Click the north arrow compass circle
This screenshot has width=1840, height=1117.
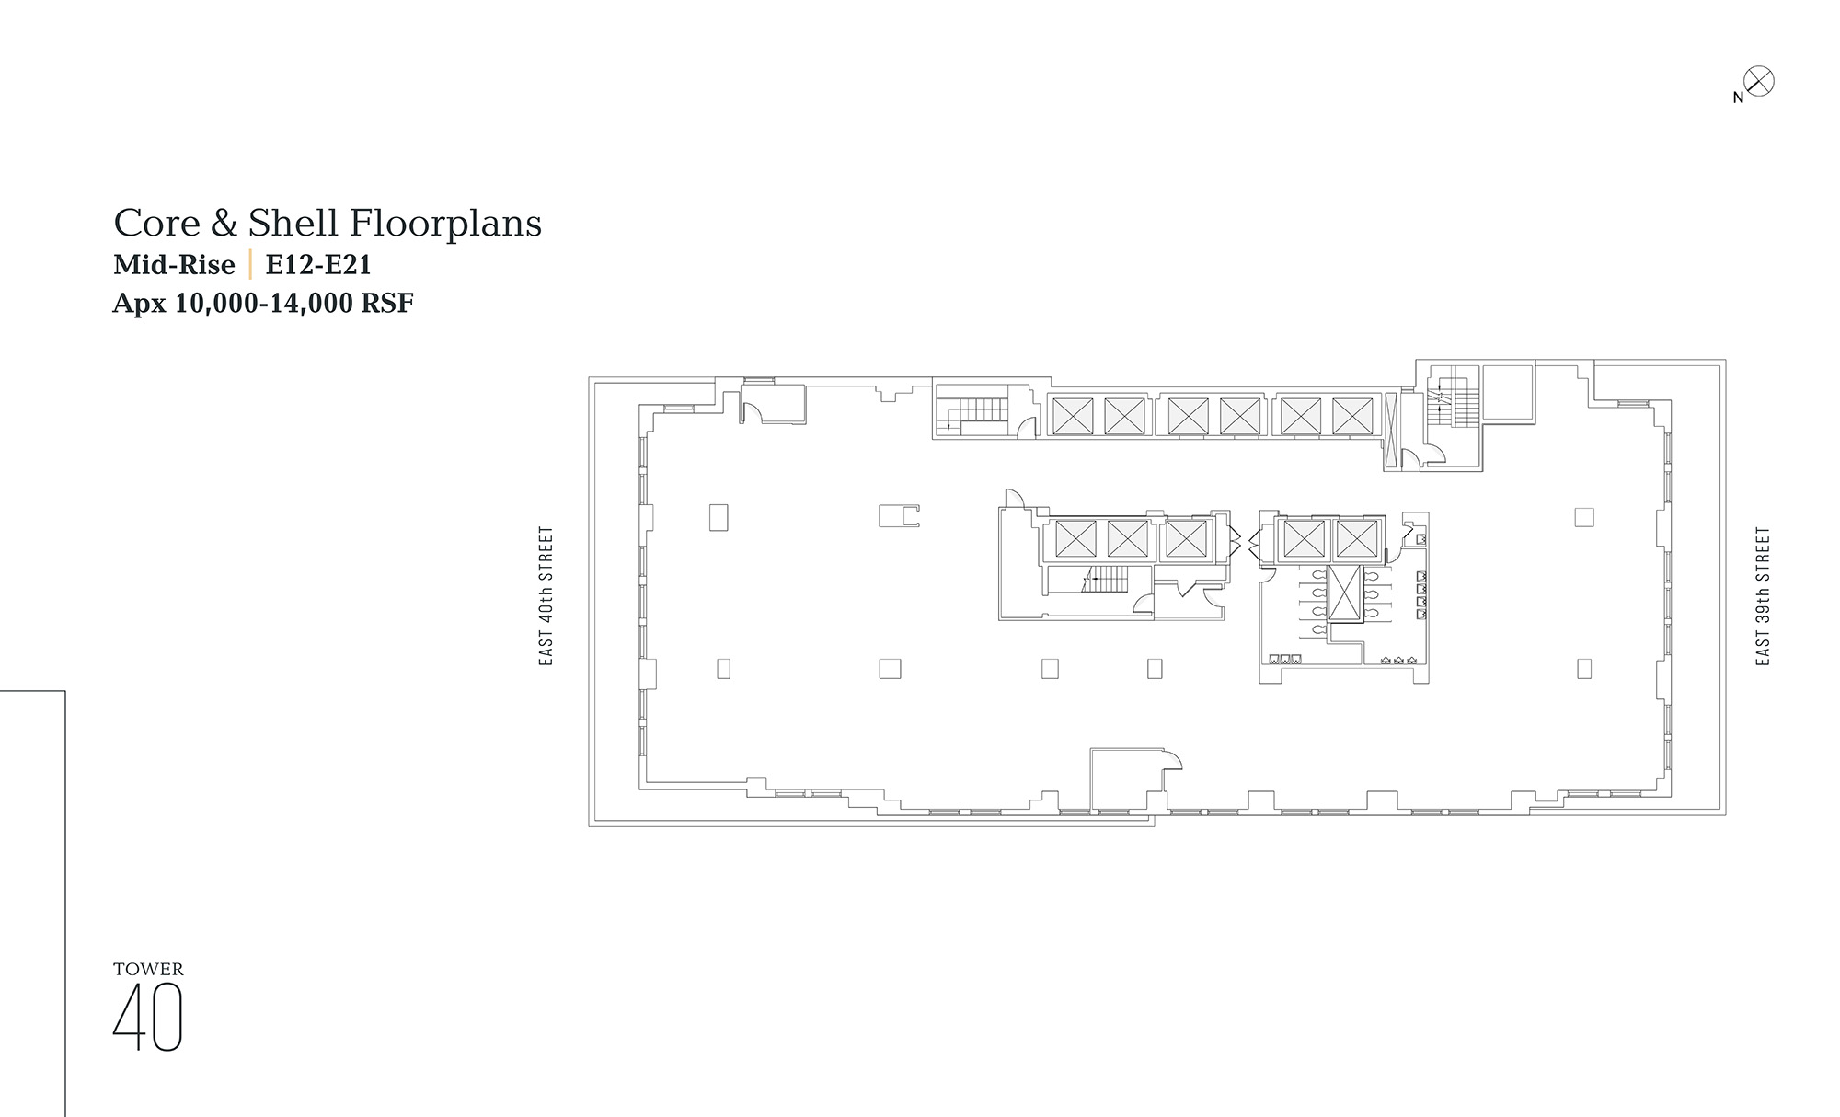[x=1759, y=82]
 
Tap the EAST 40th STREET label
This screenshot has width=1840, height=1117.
[x=546, y=596]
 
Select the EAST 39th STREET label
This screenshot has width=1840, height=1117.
[x=1763, y=596]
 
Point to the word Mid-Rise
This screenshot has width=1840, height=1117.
[x=174, y=265]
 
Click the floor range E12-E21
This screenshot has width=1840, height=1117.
[x=318, y=265]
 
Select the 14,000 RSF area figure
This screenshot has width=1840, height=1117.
[x=341, y=303]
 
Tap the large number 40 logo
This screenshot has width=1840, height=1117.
[x=148, y=1017]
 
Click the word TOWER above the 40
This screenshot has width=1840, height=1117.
[x=148, y=969]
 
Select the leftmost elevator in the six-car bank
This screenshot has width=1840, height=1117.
[x=1073, y=416]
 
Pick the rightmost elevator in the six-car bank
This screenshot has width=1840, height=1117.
[x=1352, y=416]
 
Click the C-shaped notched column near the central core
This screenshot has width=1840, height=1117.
[x=899, y=515]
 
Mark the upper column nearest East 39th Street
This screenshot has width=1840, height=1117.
[x=1584, y=517]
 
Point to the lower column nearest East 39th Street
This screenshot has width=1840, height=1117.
[x=1584, y=668]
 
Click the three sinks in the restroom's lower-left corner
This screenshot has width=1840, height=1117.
[x=1284, y=659]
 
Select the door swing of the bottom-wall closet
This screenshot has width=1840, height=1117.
[x=1172, y=759]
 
